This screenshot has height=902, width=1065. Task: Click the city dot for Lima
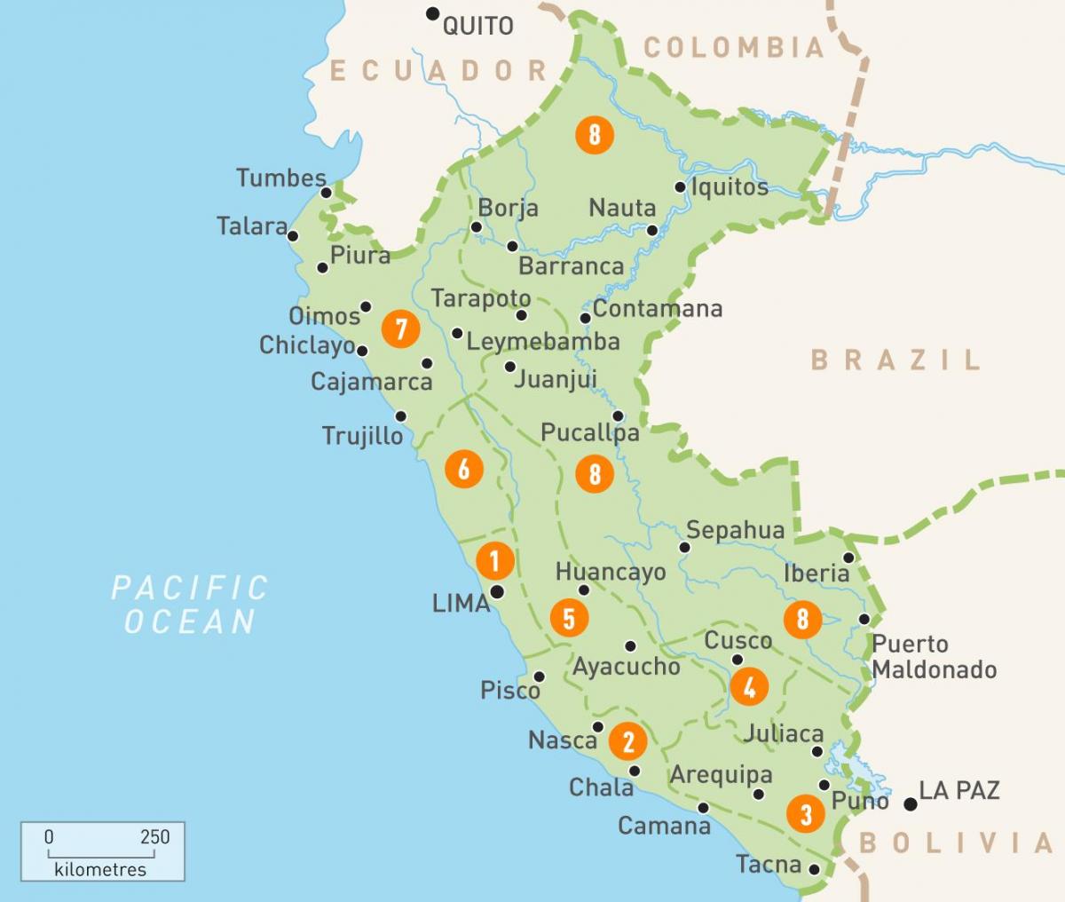497,591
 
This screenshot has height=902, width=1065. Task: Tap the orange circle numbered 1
494,560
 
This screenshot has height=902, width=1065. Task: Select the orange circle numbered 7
400,329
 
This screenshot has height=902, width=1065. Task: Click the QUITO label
477,26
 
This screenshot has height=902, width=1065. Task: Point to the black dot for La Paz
910,804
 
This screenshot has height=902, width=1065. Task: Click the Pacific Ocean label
189,604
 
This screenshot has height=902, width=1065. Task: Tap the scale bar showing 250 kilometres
102,851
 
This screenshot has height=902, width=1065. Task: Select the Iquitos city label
730,186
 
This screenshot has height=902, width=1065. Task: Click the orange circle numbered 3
806,813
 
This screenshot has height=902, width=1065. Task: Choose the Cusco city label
738,640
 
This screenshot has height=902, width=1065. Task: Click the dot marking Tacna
815,870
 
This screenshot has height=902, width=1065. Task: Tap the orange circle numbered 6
463,468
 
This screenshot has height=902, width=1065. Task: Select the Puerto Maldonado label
934,657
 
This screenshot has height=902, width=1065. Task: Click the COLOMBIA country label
735,47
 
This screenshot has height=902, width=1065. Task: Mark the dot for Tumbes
326,193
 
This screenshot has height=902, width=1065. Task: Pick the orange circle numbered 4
749,686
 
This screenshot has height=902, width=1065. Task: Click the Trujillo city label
362,436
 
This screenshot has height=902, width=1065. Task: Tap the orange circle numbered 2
628,740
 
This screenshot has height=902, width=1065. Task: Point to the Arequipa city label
721,774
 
